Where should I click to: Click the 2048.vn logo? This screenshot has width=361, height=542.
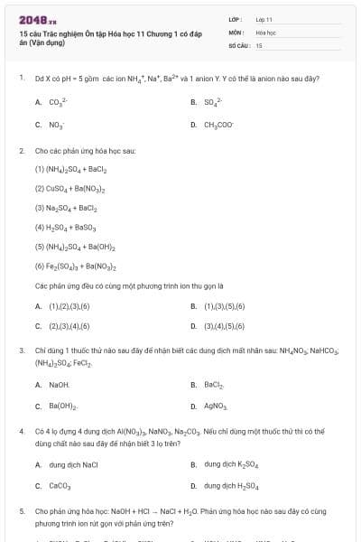tap(32, 20)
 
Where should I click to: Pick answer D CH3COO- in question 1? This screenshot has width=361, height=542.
tap(219, 126)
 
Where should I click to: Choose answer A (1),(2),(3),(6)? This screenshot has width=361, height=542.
tap(62, 306)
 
